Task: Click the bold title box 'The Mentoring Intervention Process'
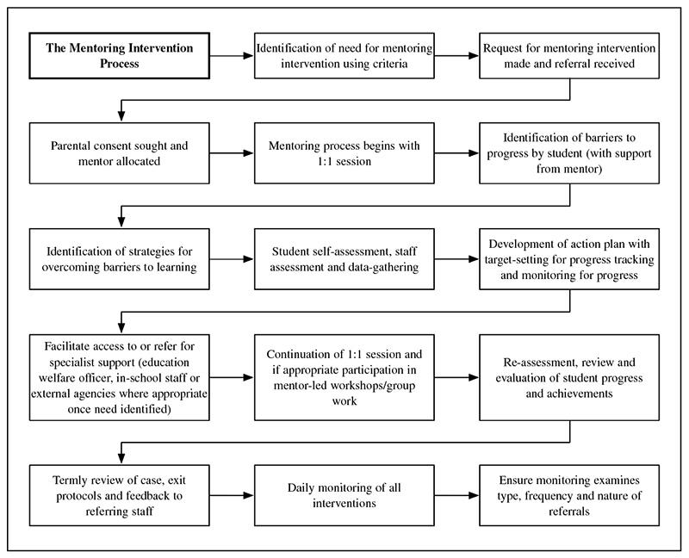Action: click(x=119, y=56)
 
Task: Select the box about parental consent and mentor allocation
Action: click(x=119, y=153)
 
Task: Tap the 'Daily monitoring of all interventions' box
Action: click(x=344, y=495)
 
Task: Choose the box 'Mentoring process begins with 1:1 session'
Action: click(x=344, y=153)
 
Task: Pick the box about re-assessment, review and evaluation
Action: click(x=569, y=377)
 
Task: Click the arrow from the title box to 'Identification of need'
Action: click(x=232, y=56)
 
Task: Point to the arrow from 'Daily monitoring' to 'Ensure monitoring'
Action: click(x=456, y=495)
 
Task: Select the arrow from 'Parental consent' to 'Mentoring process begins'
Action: click(x=232, y=153)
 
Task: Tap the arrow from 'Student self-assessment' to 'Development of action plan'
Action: click(x=456, y=259)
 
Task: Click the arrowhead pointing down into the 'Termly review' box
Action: click(x=121, y=459)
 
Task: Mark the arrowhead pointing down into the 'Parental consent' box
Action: click(x=121, y=116)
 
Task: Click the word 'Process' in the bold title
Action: click(x=120, y=64)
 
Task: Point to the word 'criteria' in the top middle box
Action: click(x=390, y=64)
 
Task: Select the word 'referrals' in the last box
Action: click(x=569, y=512)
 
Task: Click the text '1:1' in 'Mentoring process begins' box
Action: click(x=326, y=161)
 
